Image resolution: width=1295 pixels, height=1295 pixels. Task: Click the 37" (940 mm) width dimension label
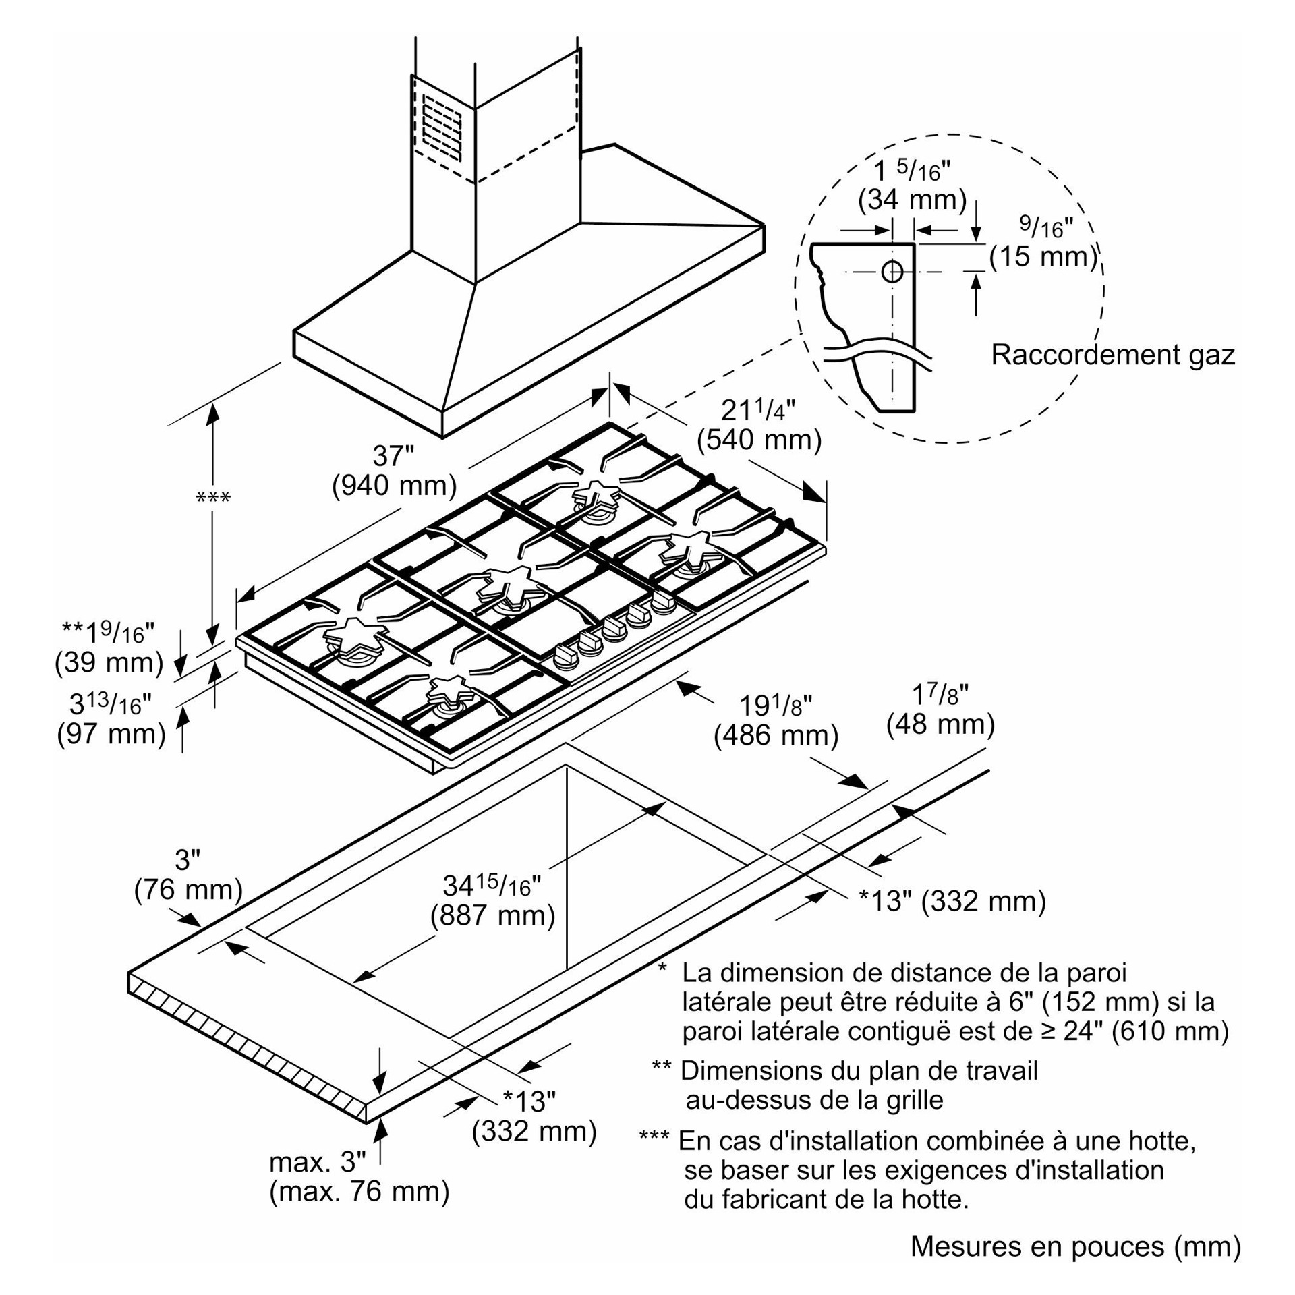(394, 471)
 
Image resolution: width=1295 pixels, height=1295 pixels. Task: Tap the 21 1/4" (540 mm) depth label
(759, 426)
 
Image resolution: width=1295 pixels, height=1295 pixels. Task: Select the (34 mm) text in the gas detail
(912, 200)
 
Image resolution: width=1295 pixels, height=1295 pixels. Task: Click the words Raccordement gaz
(1112, 355)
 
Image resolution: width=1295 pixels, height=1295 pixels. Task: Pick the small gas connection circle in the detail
(892, 272)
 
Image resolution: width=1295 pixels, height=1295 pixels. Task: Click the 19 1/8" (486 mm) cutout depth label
(776, 720)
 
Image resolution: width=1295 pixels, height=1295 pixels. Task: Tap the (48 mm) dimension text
(940, 724)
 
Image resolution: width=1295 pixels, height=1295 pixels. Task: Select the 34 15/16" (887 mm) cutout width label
(492, 900)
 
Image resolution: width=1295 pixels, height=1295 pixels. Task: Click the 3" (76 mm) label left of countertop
(188, 875)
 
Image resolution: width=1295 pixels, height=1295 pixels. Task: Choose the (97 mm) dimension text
(111, 733)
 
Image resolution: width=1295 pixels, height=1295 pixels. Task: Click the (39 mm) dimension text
(109, 662)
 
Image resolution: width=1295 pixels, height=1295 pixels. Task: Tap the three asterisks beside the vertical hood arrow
(212, 498)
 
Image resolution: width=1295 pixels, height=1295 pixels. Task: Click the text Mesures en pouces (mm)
(1075, 1246)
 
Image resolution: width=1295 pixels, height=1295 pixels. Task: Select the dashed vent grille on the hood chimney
(442, 129)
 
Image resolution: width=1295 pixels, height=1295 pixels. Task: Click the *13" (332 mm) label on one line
(952, 900)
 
